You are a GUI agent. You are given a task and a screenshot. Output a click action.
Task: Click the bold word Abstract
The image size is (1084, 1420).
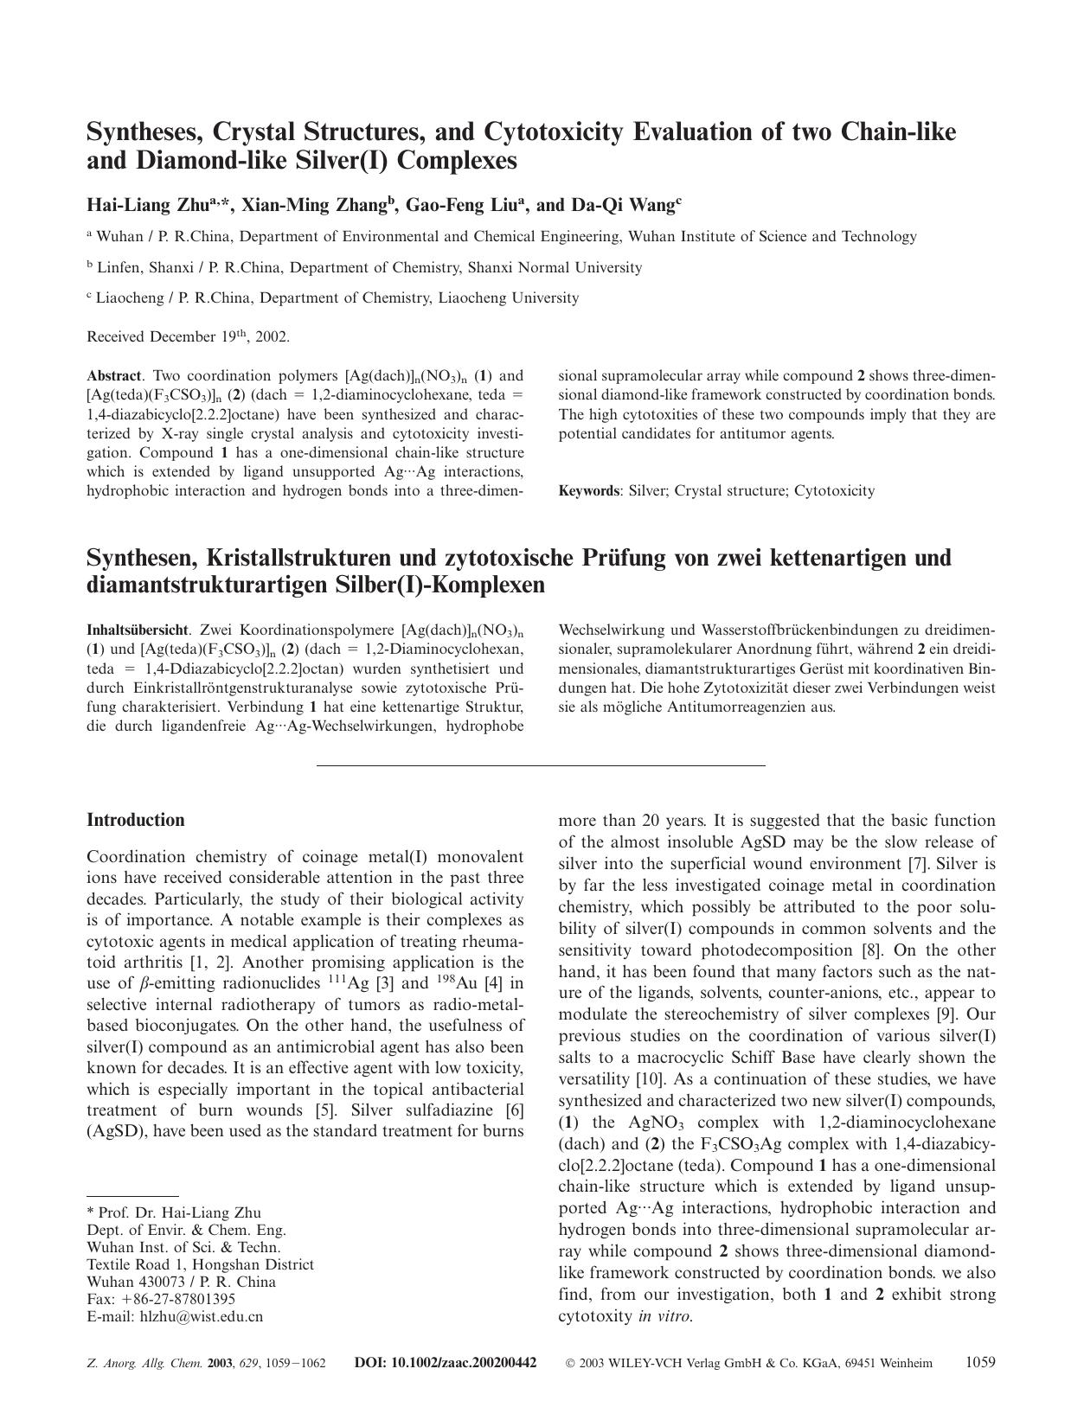(113, 376)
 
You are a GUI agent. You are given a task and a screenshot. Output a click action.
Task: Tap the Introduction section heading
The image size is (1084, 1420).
(136, 820)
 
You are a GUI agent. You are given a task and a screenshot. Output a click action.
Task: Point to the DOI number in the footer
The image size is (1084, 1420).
(446, 1364)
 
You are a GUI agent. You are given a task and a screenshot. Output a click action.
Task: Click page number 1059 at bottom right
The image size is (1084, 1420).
(980, 1363)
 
